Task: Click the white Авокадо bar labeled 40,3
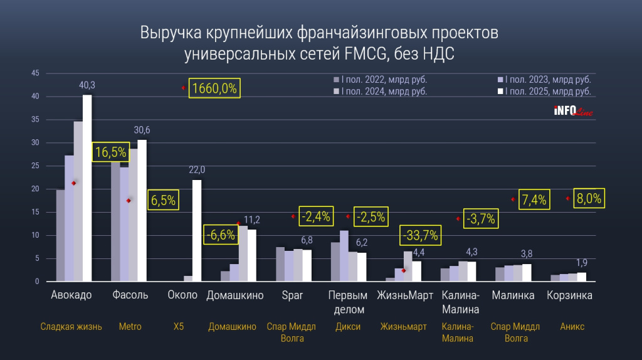(87, 188)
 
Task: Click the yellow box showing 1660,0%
(214, 88)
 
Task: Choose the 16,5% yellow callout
(110, 152)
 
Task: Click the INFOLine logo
(572, 112)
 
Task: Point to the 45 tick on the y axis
(36, 73)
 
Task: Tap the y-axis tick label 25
(36, 166)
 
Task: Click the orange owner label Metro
(130, 327)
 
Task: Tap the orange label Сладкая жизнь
(71, 327)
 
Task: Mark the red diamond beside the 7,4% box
(513, 199)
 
